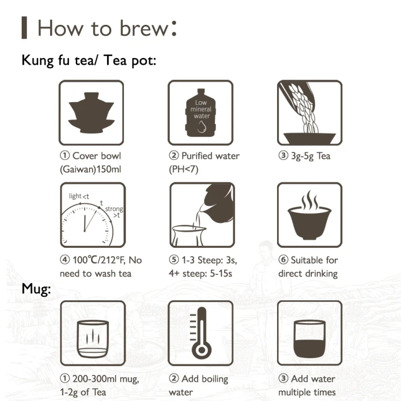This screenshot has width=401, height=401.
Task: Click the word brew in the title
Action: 144,28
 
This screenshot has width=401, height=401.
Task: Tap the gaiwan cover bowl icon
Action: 91,113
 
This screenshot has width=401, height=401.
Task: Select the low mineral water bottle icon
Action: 201,113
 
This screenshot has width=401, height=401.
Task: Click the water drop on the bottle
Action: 201,127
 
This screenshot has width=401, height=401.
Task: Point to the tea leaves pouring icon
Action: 309,113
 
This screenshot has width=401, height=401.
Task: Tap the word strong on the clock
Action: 114,209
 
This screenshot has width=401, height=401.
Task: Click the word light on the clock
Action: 75,196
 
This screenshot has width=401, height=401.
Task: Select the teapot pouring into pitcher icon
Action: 202,215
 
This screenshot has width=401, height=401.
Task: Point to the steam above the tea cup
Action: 309,200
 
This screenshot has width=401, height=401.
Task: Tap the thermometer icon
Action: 201,333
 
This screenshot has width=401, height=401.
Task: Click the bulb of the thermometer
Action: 202,350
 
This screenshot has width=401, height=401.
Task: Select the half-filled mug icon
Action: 309,339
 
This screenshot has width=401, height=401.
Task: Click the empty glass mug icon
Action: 93,339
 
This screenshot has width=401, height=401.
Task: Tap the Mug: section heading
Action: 36,289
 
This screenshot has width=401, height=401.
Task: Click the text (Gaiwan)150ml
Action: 90,170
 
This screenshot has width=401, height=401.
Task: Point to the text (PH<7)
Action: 184,170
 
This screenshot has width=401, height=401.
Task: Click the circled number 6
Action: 283,260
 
